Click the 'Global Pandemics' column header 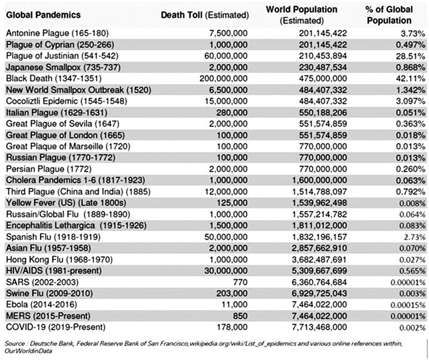click(x=43, y=15)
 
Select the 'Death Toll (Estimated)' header click(x=205, y=15)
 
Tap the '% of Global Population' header click(x=389, y=15)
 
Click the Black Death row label click(x=54, y=78)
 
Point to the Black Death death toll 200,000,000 click(x=223, y=78)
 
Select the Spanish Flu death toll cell click(x=226, y=237)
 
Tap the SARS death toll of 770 click(x=240, y=282)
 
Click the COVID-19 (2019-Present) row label click(x=56, y=327)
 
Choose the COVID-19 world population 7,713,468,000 click(x=319, y=327)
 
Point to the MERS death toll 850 click(x=240, y=316)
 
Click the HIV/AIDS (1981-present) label click(x=54, y=271)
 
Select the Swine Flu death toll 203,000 click(x=232, y=293)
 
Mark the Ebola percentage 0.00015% click(x=408, y=305)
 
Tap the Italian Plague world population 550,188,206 click(x=323, y=112)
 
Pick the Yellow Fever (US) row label click(x=66, y=203)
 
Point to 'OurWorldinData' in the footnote click(x=28, y=351)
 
